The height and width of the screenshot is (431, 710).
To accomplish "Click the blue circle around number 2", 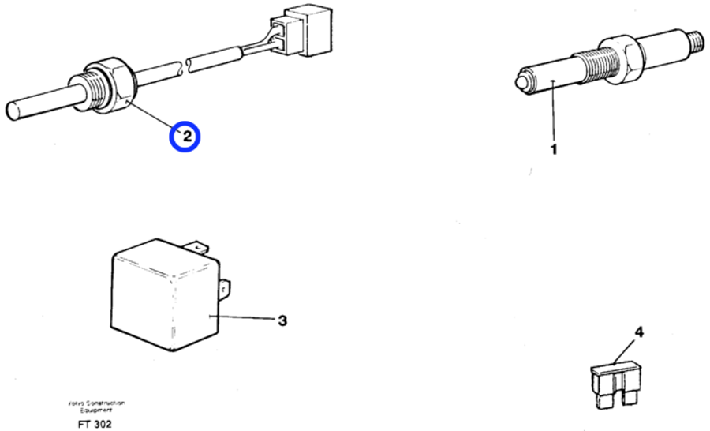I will coord(186,137).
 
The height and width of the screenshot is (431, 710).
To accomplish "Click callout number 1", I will coord(553,148).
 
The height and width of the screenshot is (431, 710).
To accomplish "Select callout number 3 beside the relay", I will coord(282,320).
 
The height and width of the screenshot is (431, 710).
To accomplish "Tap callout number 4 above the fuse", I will coord(639,332).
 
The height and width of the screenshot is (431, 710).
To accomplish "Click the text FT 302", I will coord(95,424).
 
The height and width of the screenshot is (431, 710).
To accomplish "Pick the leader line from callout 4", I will coord(626,352).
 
